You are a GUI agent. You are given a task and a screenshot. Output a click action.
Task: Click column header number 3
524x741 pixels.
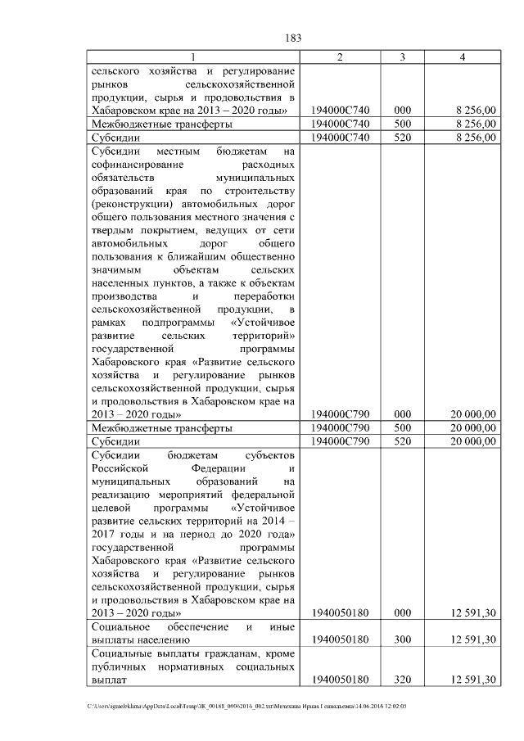click(403, 57)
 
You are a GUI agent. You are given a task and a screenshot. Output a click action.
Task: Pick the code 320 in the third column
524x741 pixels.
click(403, 680)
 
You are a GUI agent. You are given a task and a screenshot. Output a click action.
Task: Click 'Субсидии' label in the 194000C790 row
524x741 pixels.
click(115, 441)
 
